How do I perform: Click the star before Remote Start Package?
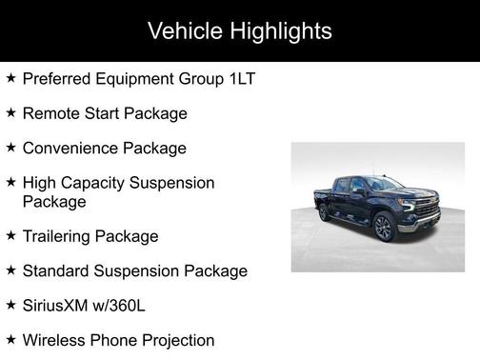click(10, 112)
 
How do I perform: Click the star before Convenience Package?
click(10, 148)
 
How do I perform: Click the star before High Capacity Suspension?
click(10, 181)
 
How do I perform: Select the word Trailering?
click(59, 236)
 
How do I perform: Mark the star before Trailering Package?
click(10, 234)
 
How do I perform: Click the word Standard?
click(56, 271)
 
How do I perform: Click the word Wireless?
click(55, 340)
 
